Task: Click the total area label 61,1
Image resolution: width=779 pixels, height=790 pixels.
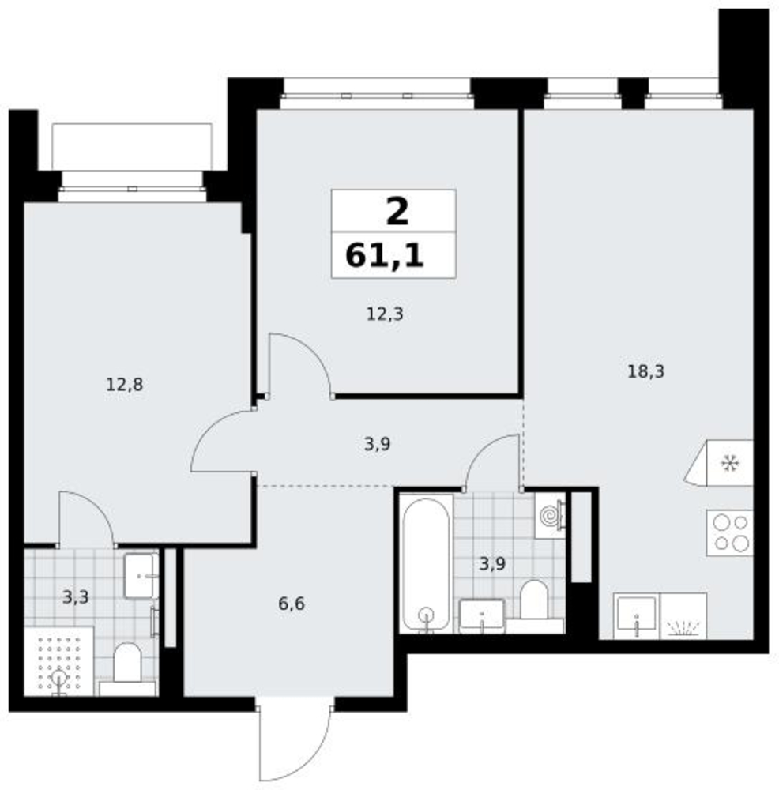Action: tap(385, 256)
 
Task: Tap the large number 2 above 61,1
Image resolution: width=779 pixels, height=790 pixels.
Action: tap(397, 212)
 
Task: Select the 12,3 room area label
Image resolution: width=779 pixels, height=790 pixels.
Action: tap(385, 314)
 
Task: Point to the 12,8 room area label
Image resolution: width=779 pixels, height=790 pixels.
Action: tap(125, 385)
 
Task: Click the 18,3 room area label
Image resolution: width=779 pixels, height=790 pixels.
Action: tap(645, 372)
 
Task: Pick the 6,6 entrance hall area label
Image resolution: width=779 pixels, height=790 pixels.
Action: tap(292, 603)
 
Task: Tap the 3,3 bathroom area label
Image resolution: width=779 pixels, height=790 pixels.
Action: tap(76, 597)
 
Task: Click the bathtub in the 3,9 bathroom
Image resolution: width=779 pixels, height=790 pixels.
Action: tap(427, 563)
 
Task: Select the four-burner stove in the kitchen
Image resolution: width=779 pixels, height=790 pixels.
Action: tap(729, 533)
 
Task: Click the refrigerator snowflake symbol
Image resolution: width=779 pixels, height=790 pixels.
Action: tap(729, 463)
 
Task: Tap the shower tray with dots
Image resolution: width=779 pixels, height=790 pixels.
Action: tap(59, 661)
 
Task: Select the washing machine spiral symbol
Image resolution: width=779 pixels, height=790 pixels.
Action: tap(549, 515)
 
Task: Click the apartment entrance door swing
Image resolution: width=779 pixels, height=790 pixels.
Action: tap(295, 743)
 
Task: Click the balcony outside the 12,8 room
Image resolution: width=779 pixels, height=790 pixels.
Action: tap(133, 147)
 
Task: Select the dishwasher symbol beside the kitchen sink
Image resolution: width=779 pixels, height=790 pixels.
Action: tap(683, 617)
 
